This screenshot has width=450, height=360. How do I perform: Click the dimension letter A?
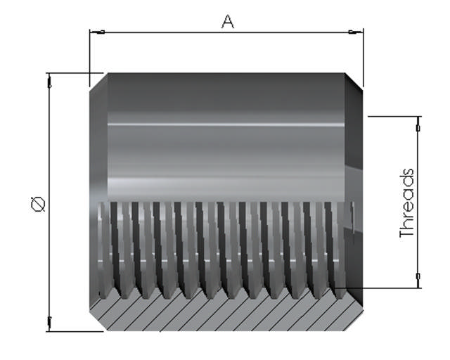[227, 22]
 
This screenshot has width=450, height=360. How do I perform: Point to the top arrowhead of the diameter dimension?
[49, 81]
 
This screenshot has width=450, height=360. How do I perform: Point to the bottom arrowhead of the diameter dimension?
[49, 323]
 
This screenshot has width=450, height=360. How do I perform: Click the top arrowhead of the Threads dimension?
[418, 124]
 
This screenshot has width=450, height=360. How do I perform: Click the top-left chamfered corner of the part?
[97, 81]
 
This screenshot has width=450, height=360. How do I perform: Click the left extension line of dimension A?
[89, 53]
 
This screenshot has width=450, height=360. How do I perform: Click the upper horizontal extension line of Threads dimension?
[394, 116]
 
